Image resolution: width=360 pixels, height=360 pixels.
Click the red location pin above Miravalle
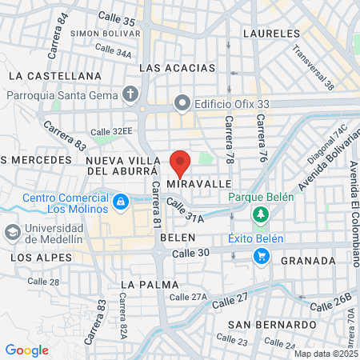(180, 162)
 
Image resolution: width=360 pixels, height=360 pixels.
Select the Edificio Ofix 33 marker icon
(182, 102)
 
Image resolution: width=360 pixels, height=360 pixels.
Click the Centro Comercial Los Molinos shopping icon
(120, 202)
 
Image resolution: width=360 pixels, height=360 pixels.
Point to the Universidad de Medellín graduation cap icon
(12, 232)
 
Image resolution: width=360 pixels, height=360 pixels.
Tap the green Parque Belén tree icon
(259, 214)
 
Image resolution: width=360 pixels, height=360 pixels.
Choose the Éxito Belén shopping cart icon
(261, 255)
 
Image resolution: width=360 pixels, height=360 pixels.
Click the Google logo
(26, 350)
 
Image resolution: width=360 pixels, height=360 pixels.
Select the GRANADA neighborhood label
(308, 261)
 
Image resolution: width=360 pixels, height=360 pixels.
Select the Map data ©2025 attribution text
(325, 354)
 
